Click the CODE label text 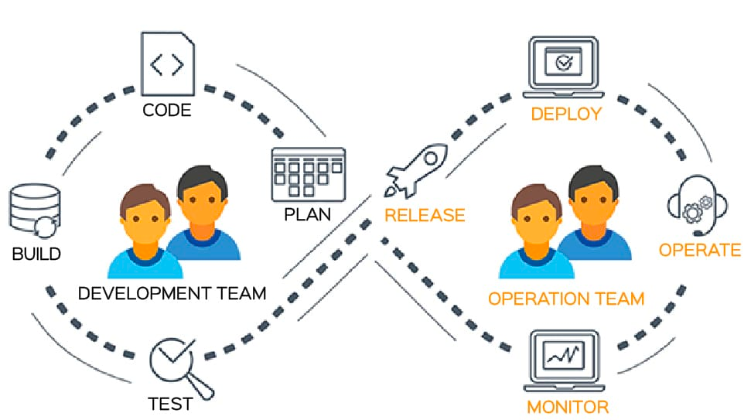coord(167,110)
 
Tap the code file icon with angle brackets coord(168,63)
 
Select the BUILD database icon coord(35,210)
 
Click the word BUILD coord(36,254)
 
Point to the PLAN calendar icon coord(309,174)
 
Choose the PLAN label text coord(308,214)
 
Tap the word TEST coord(170,405)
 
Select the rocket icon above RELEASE coord(416,170)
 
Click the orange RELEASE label coord(425,216)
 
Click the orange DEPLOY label coord(566,114)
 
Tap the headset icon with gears coord(698,204)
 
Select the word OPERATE coord(700,250)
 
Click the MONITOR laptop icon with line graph coord(564,361)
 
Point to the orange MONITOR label coord(568,408)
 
